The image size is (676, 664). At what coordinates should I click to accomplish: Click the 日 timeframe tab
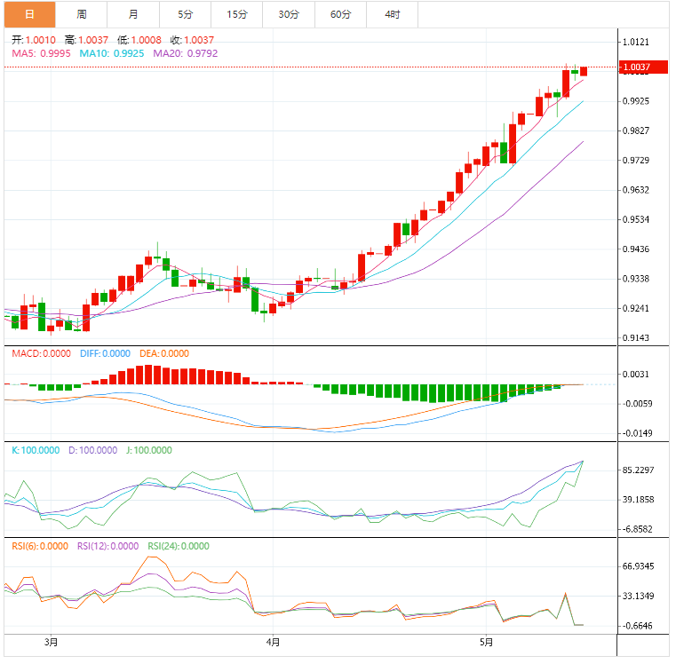click(x=29, y=14)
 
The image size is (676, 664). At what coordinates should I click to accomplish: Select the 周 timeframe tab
click(x=82, y=14)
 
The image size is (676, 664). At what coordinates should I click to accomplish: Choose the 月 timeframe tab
click(x=133, y=14)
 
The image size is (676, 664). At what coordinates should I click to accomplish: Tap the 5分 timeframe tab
click(x=185, y=14)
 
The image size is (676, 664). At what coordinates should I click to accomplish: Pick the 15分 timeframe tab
click(x=236, y=14)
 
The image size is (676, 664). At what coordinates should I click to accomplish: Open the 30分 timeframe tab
click(x=288, y=14)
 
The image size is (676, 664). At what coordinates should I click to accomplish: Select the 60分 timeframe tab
click(x=340, y=14)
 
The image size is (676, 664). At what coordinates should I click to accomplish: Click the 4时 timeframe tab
click(x=392, y=14)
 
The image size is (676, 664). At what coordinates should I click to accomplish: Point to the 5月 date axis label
click(x=485, y=642)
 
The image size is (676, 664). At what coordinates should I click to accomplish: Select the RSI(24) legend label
click(x=163, y=546)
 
